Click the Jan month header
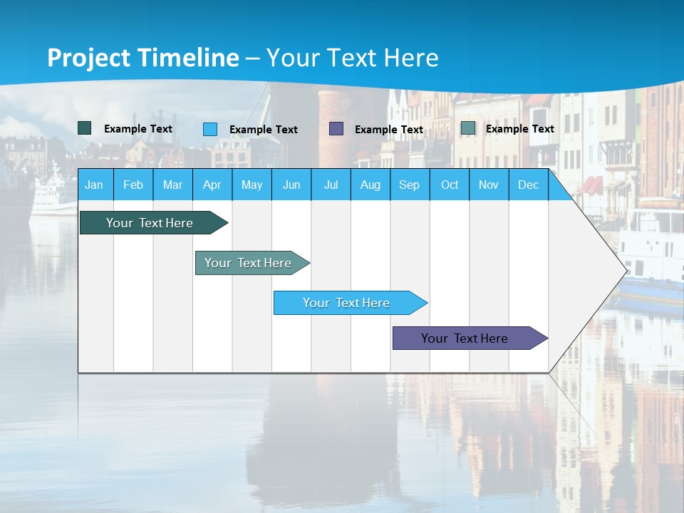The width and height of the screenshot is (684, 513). (94, 185)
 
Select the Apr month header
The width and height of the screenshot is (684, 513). (212, 185)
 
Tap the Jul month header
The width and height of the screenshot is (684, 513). (331, 185)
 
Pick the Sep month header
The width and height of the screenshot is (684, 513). (409, 185)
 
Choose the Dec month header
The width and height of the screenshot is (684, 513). (528, 185)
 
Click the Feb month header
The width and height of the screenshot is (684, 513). (133, 185)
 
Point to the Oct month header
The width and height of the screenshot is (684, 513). (450, 185)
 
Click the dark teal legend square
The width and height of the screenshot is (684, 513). (85, 128)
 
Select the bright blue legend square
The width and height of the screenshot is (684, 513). (210, 129)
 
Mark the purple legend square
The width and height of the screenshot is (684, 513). (336, 129)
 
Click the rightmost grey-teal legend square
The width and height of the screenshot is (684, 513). (467, 128)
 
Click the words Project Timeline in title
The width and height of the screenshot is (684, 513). (143, 58)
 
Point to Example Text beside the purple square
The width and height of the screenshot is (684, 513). (388, 130)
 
